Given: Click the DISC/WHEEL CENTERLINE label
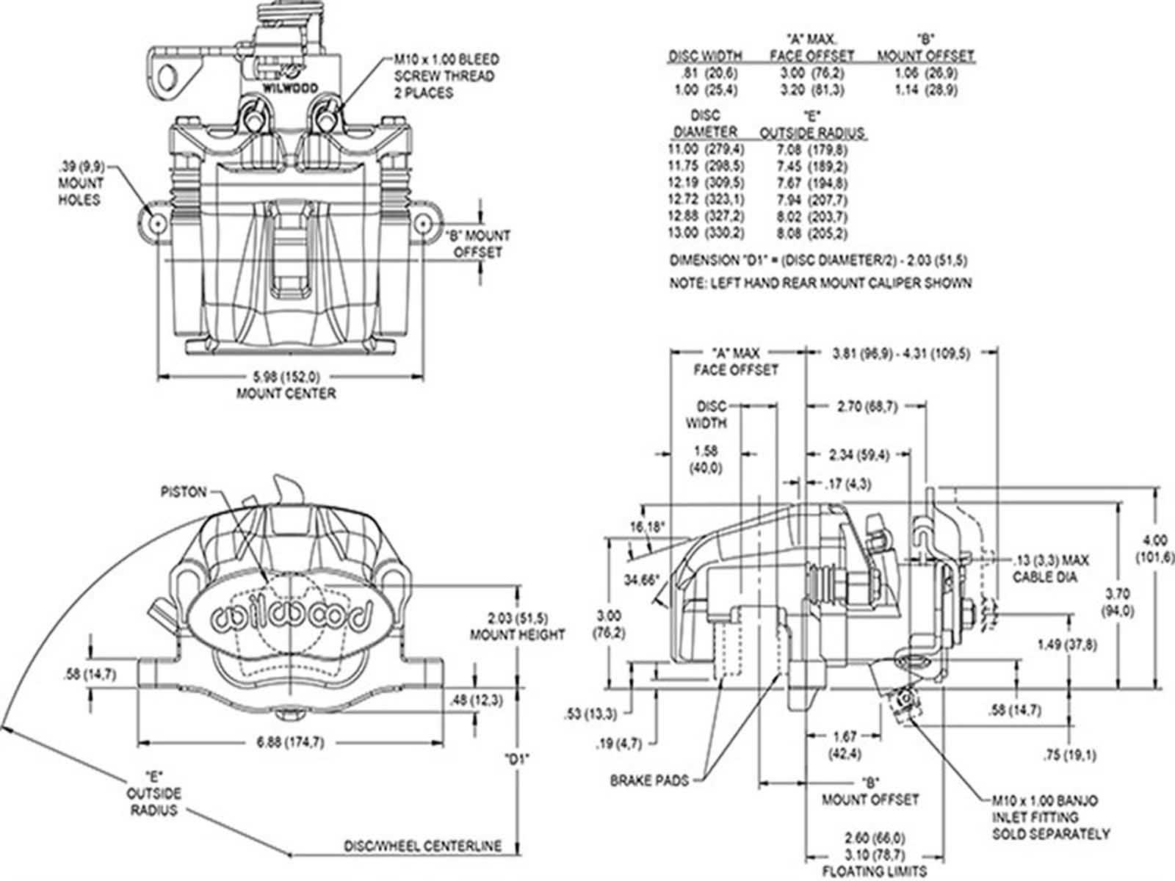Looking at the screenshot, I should tap(423, 846).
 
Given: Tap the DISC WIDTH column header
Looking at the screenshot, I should tap(704, 56).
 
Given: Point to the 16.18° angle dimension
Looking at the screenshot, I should tap(647, 526).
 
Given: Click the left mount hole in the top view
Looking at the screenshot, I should tap(156, 222).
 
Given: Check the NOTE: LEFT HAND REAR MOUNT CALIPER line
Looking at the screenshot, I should tap(820, 283).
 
